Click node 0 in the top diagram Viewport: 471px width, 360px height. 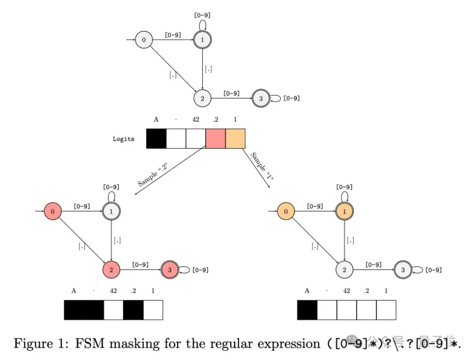(x=144, y=40)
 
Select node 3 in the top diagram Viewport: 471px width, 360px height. (x=261, y=99)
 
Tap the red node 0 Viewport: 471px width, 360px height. (x=52, y=212)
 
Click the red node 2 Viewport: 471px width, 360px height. (x=111, y=270)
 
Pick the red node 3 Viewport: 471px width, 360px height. (x=170, y=270)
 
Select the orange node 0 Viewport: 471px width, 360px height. (x=286, y=212)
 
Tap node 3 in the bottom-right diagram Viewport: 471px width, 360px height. (x=403, y=270)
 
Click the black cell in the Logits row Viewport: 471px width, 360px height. (x=156, y=138)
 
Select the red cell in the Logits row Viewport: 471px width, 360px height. (x=215, y=138)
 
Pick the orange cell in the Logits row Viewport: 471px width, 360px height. (x=235, y=138)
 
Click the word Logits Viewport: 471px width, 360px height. (x=123, y=139)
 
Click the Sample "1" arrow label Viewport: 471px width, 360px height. (x=262, y=167)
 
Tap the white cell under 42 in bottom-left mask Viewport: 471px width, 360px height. (x=113, y=310)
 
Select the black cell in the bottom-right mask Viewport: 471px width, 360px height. (x=307, y=310)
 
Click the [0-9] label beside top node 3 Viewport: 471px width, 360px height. (x=291, y=99)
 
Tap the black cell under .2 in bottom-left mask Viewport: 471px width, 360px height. (x=133, y=310)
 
